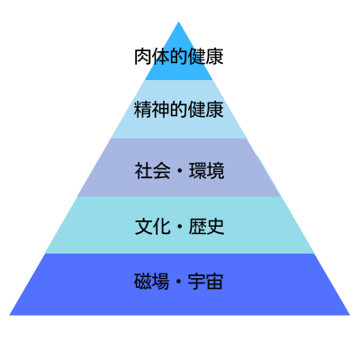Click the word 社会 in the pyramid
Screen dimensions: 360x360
[x=152, y=171]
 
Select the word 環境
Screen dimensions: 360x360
[x=207, y=171]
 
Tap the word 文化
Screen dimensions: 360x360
[x=152, y=227]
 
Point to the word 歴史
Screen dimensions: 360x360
[x=207, y=227]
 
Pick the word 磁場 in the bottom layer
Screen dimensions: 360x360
[x=151, y=281]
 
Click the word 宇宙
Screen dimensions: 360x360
[x=205, y=281]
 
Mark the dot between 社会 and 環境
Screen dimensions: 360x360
[x=180, y=171]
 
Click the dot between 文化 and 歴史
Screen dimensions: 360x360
[x=180, y=227]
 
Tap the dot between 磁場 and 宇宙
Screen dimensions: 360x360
[x=178, y=282]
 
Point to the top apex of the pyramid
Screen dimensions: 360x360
[x=179, y=22]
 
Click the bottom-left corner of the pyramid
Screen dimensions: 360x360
[x=9, y=315]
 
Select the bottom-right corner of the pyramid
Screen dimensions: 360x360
[x=350, y=315]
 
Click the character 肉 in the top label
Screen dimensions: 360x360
[x=143, y=56]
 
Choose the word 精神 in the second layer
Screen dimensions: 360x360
[x=152, y=110]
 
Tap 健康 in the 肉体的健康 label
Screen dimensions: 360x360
[x=206, y=56]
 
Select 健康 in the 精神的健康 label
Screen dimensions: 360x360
[x=206, y=110]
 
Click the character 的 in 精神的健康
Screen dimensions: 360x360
[x=179, y=110]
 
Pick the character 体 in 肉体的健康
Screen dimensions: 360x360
[x=161, y=56]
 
